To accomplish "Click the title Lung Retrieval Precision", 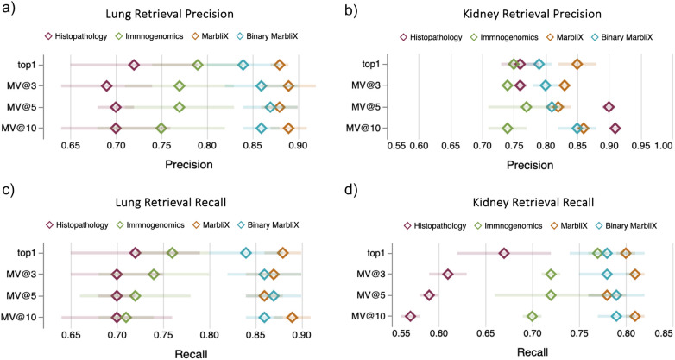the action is [169, 14].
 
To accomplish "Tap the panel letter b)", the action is [350, 10].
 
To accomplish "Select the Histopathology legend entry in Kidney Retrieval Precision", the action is [431, 37].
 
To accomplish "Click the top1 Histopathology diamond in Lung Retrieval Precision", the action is [134, 65].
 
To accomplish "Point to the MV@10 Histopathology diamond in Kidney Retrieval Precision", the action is [615, 128].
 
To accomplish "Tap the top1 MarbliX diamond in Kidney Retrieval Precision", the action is [577, 64].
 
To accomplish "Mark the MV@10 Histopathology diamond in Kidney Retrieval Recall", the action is [410, 317].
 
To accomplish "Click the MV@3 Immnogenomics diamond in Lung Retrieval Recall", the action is [154, 275].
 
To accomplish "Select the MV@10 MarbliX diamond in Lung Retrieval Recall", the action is [293, 318].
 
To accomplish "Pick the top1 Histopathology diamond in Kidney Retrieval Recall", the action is [504, 253].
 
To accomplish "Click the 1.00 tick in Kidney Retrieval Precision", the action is [664, 147].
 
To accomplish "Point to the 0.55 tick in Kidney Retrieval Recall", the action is [401, 333].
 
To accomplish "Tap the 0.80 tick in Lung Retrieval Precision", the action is [207, 147].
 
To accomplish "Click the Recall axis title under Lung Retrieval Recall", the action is [191, 354].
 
